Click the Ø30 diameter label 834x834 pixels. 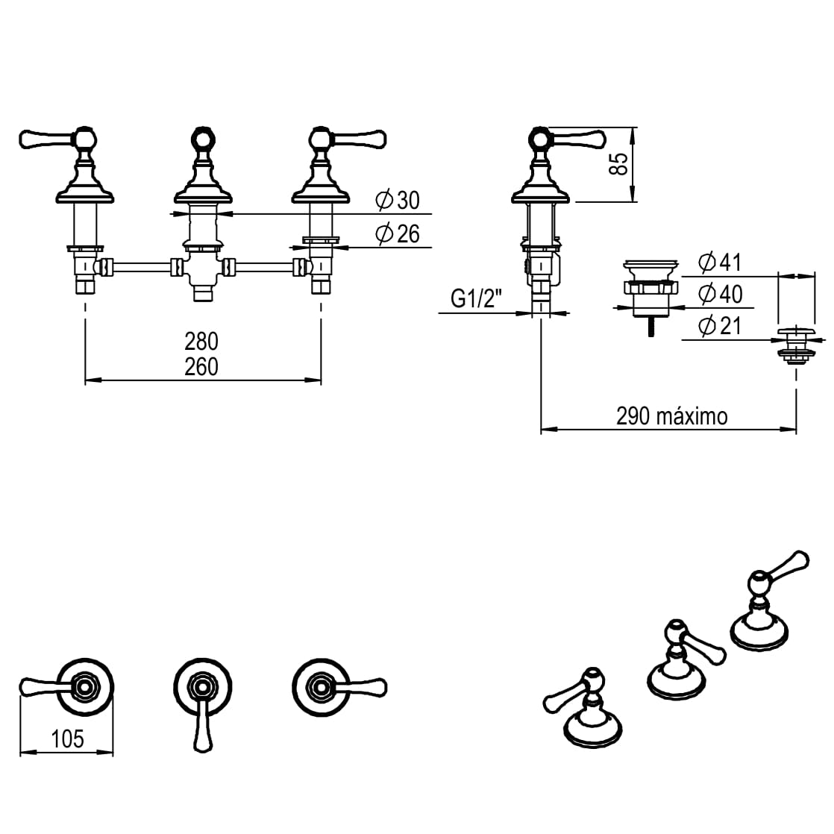pyautogui.click(x=398, y=200)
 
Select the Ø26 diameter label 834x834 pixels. pyautogui.click(x=398, y=234)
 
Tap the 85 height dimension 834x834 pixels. pyautogui.click(x=617, y=164)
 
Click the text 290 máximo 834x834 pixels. pyautogui.click(x=671, y=416)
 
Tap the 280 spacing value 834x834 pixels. pyautogui.click(x=201, y=341)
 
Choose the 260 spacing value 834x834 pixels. pyautogui.click(x=201, y=366)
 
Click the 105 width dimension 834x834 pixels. pyautogui.click(x=67, y=739)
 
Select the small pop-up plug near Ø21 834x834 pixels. pyautogui.click(x=796, y=345)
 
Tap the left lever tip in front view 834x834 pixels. pyautogui.click(x=30, y=139)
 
